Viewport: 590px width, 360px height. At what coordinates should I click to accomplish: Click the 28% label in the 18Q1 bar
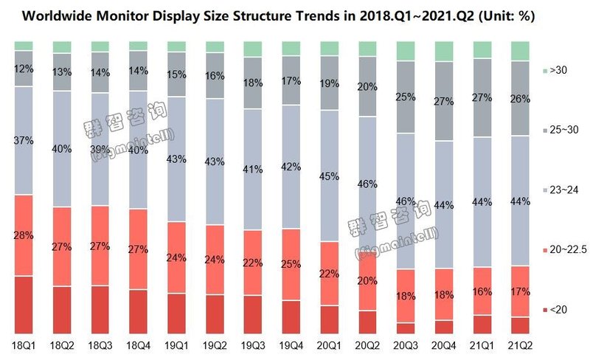pyautogui.click(x=24, y=235)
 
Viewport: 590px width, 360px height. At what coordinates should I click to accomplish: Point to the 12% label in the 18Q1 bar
pyautogui.click(x=24, y=69)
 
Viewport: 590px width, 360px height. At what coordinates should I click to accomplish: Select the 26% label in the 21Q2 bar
pyautogui.click(x=521, y=98)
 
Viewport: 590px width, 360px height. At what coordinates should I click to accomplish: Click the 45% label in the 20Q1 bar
pyautogui.click(x=329, y=176)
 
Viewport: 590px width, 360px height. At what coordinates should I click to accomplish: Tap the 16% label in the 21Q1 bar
pyautogui.click(x=482, y=291)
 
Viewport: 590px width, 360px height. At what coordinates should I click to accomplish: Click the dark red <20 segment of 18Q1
pyautogui.click(x=24, y=305)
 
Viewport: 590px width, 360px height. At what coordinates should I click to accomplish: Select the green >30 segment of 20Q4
pyautogui.click(x=444, y=52)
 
